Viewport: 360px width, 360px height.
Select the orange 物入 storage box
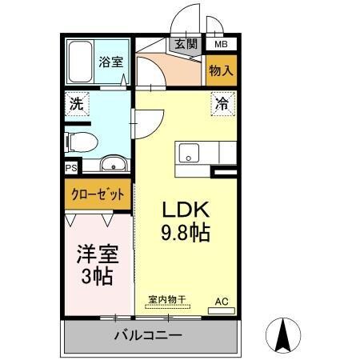coord(222,70)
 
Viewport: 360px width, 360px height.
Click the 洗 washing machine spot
coord(75,103)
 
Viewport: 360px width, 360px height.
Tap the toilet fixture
coord(81,142)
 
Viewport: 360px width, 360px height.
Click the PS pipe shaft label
coord(70,169)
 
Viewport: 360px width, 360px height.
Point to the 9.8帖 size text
coord(186,235)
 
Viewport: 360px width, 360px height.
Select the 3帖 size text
coord(97,278)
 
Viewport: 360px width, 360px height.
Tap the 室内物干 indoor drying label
coord(166,300)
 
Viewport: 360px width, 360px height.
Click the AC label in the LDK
coord(222,302)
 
